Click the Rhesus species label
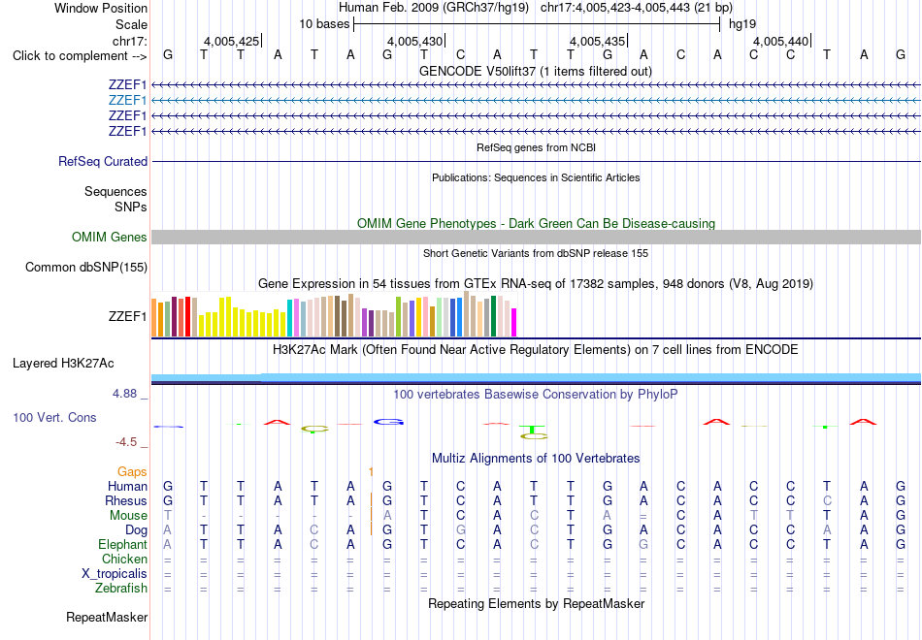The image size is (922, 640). tap(126, 500)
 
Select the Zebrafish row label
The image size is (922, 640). tap(121, 588)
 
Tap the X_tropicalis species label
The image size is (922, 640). tap(115, 574)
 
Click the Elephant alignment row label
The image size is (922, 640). tap(122, 545)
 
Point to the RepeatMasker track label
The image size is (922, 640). tap(107, 617)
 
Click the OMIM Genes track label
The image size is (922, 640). tap(110, 237)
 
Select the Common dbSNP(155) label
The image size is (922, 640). tap(86, 268)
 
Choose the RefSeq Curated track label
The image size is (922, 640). tap(103, 161)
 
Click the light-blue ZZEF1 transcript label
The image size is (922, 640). tap(127, 100)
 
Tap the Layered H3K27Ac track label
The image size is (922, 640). tap(63, 364)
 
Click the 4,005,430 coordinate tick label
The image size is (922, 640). tap(414, 41)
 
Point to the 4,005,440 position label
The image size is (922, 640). tap(780, 41)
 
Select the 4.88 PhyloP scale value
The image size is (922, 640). tap(124, 394)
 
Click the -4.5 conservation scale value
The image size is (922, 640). tap(126, 442)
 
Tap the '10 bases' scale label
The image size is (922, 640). tap(324, 24)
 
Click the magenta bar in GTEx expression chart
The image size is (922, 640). tap(514, 323)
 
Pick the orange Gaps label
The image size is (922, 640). tap(132, 472)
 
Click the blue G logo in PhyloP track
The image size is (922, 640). tap(388, 422)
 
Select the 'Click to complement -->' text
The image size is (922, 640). tap(80, 56)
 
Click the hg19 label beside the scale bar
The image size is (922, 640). tap(742, 24)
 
